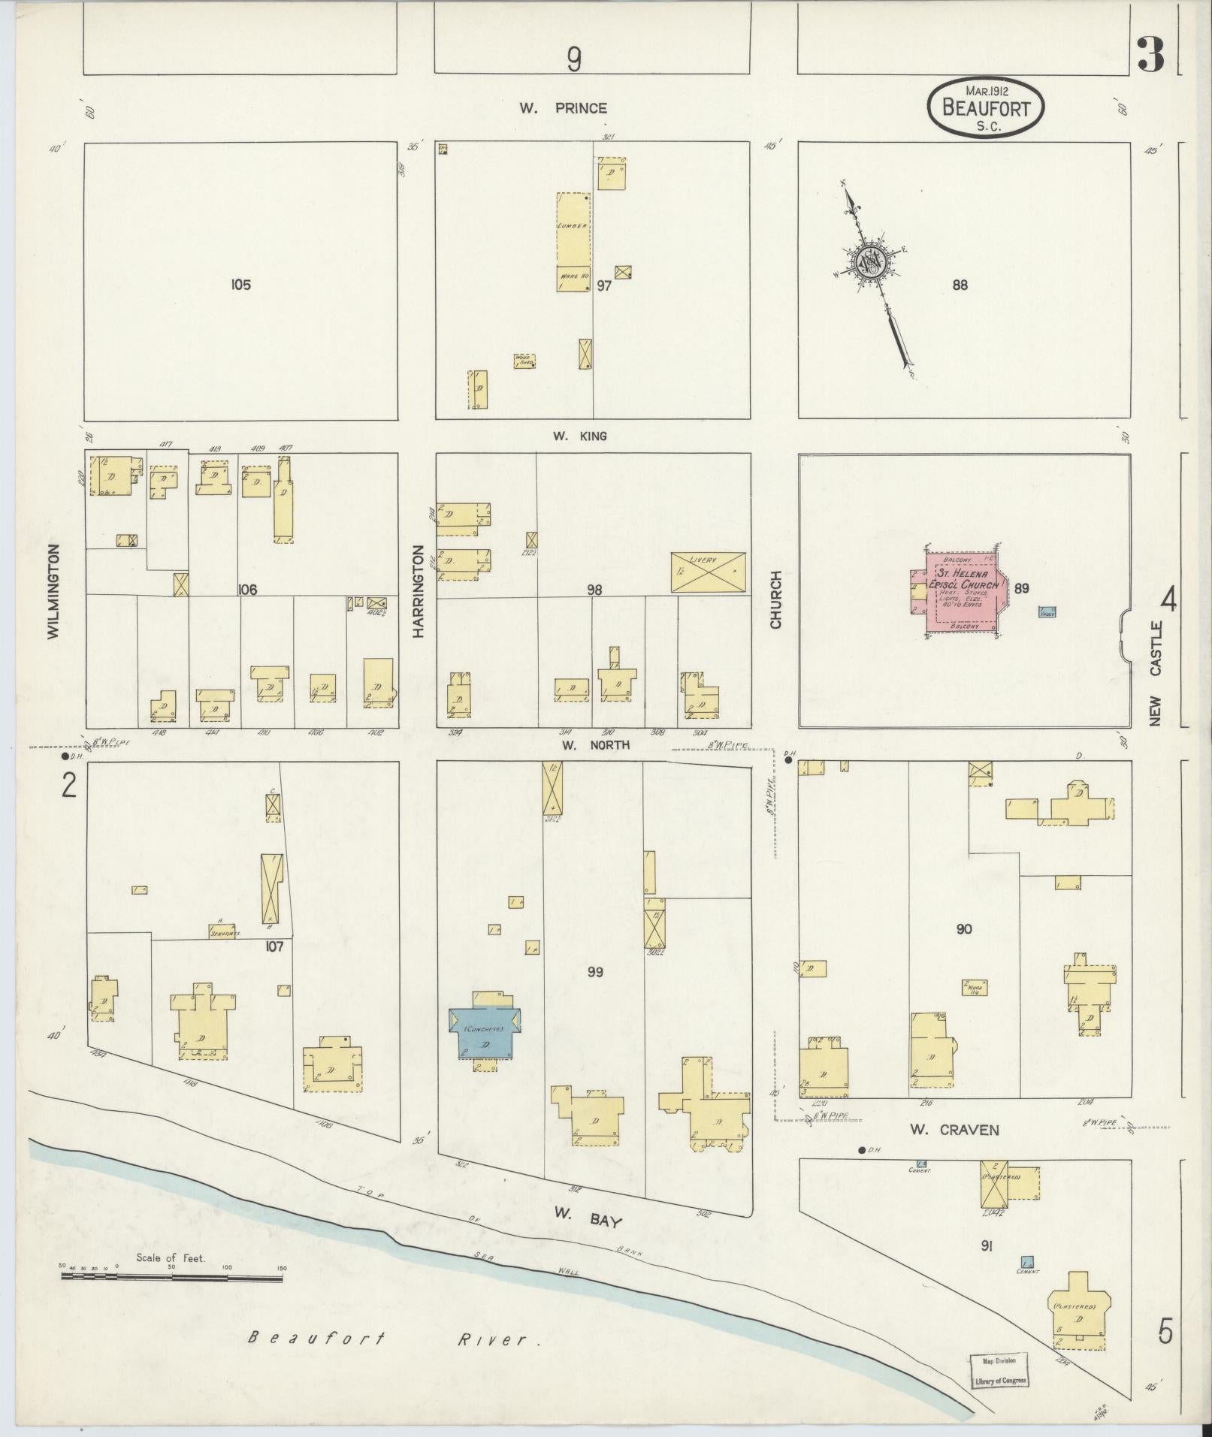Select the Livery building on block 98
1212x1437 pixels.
pos(708,573)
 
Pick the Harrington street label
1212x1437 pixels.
pos(418,592)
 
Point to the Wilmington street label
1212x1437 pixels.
pos(53,592)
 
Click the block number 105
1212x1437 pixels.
pos(240,285)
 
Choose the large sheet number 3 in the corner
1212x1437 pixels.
pos(1150,56)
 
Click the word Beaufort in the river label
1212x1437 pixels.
pos(316,1338)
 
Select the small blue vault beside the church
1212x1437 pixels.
pos(1047,612)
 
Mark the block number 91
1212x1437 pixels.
pos(987,1245)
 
